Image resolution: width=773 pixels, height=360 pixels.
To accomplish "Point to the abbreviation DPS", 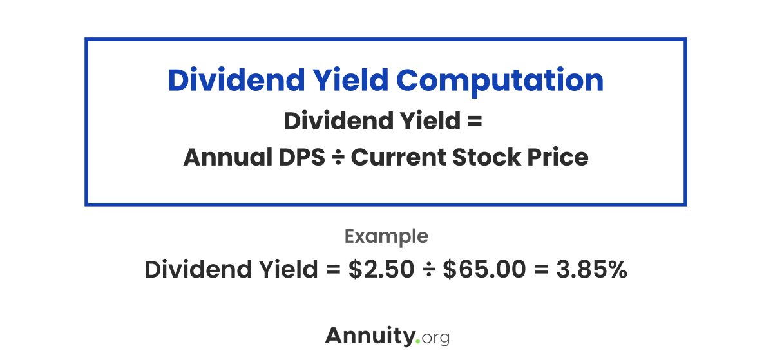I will click(x=304, y=157).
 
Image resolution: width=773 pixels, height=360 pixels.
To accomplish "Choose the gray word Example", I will click(x=386, y=236).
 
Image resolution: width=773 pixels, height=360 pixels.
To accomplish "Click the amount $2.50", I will click(x=381, y=269).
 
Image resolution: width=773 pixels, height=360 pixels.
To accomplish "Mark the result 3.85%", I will click(x=591, y=269).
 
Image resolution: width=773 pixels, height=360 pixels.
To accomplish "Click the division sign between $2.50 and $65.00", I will click(x=428, y=270).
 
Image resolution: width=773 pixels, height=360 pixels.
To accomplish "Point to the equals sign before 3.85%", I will click(x=543, y=270).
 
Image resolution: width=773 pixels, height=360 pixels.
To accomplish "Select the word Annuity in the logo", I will click(x=370, y=336).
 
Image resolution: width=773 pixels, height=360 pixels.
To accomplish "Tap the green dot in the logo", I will click(x=417, y=341).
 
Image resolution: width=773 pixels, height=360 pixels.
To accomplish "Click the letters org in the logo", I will click(x=435, y=338).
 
